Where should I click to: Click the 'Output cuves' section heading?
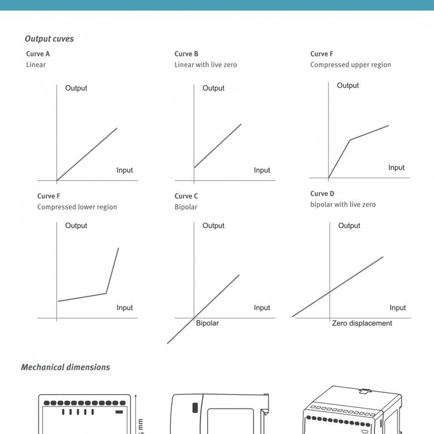pos(49,39)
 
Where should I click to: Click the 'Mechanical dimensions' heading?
pos(65,367)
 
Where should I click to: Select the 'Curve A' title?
pos(38,54)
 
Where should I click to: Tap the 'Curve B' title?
pos(187,54)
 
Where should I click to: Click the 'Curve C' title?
pos(186,196)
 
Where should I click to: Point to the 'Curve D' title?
pos(322,194)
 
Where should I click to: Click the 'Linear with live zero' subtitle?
pos(205,65)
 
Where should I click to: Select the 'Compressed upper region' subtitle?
pos(351,65)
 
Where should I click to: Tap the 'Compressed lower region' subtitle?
pos(77,207)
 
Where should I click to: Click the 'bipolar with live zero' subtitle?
pos(343,205)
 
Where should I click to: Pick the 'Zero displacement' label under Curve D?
pos(362,323)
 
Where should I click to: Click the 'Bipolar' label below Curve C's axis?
pos(207,323)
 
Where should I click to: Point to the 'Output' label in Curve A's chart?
pos(76,89)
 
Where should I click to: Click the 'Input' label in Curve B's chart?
pos(262,170)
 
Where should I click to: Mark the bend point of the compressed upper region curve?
pos(350,139)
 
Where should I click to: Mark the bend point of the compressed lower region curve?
pos(106,293)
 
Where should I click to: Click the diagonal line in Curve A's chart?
pos(87,155)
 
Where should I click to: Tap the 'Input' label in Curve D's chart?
pos(398,308)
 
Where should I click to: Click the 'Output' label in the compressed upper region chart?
pos(348,86)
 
